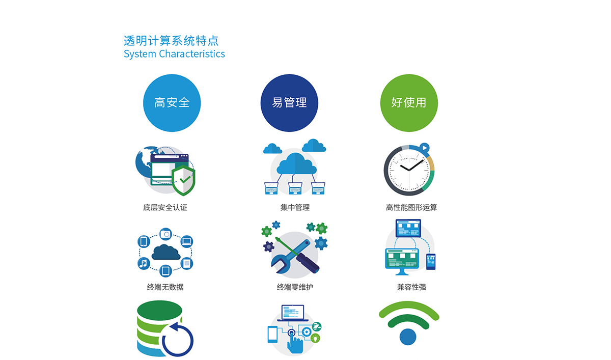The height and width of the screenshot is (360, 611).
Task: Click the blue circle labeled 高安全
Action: pos(172,103)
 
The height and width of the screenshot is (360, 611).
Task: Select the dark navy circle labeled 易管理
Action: pos(289,103)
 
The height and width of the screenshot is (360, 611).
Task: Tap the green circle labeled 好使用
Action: pos(409,103)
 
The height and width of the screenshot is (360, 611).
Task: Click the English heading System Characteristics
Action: pos(174,54)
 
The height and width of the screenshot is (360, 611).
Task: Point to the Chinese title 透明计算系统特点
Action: pos(171,41)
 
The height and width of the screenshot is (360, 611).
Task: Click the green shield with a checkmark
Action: pos(183,180)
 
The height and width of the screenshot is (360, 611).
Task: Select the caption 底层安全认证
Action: pos(165,208)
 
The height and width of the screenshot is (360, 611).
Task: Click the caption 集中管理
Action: pos(295,208)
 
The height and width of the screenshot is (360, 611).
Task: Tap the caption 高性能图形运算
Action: pos(411,208)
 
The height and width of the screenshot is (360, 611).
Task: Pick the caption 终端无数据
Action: pos(165,287)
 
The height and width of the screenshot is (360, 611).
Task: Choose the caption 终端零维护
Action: pos(295,287)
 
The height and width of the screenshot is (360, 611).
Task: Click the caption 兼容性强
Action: pos(411,287)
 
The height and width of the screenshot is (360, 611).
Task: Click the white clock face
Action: pos(409,171)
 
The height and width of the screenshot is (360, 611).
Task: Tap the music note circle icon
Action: pos(144,263)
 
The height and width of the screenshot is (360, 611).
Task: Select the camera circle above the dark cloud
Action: pos(165,234)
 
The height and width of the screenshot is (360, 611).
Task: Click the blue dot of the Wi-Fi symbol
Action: pos(408,337)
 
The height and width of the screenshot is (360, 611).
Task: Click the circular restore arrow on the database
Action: pos(178,339)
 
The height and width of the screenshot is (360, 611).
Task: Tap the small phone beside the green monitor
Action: pos(431,262)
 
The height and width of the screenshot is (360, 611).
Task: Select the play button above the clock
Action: pos(425,148)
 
